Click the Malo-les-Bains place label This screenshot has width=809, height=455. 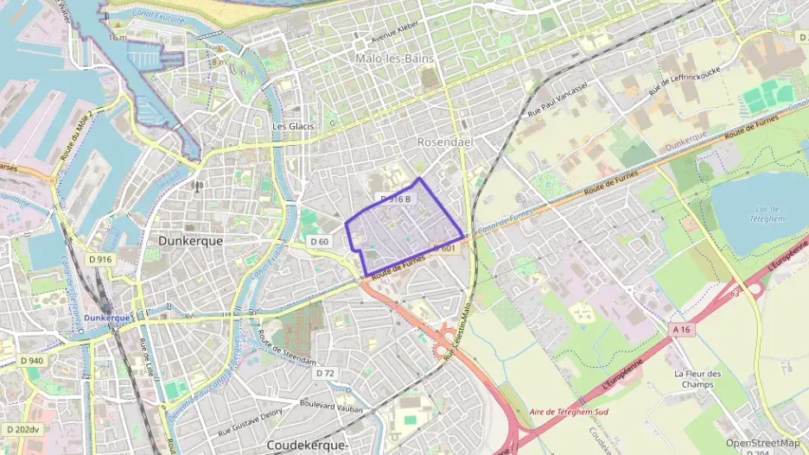tap(394, 58)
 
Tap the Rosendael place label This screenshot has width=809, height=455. tap(443, 141)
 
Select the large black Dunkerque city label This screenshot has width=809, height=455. tap(190, 242)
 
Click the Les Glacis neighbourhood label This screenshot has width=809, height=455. tap(293, 126)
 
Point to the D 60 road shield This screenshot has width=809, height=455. tap(320, 241)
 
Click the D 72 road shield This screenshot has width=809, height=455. tap(325, 373)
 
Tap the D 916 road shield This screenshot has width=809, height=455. tap(100, 259)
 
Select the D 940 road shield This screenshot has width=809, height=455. tap(30, 360)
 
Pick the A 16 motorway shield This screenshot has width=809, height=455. tap(683, 328)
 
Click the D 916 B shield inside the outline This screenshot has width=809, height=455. tap(398, 199)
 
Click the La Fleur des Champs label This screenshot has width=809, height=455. tap(697, 379)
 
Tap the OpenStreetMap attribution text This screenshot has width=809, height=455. tap(762, 443)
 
